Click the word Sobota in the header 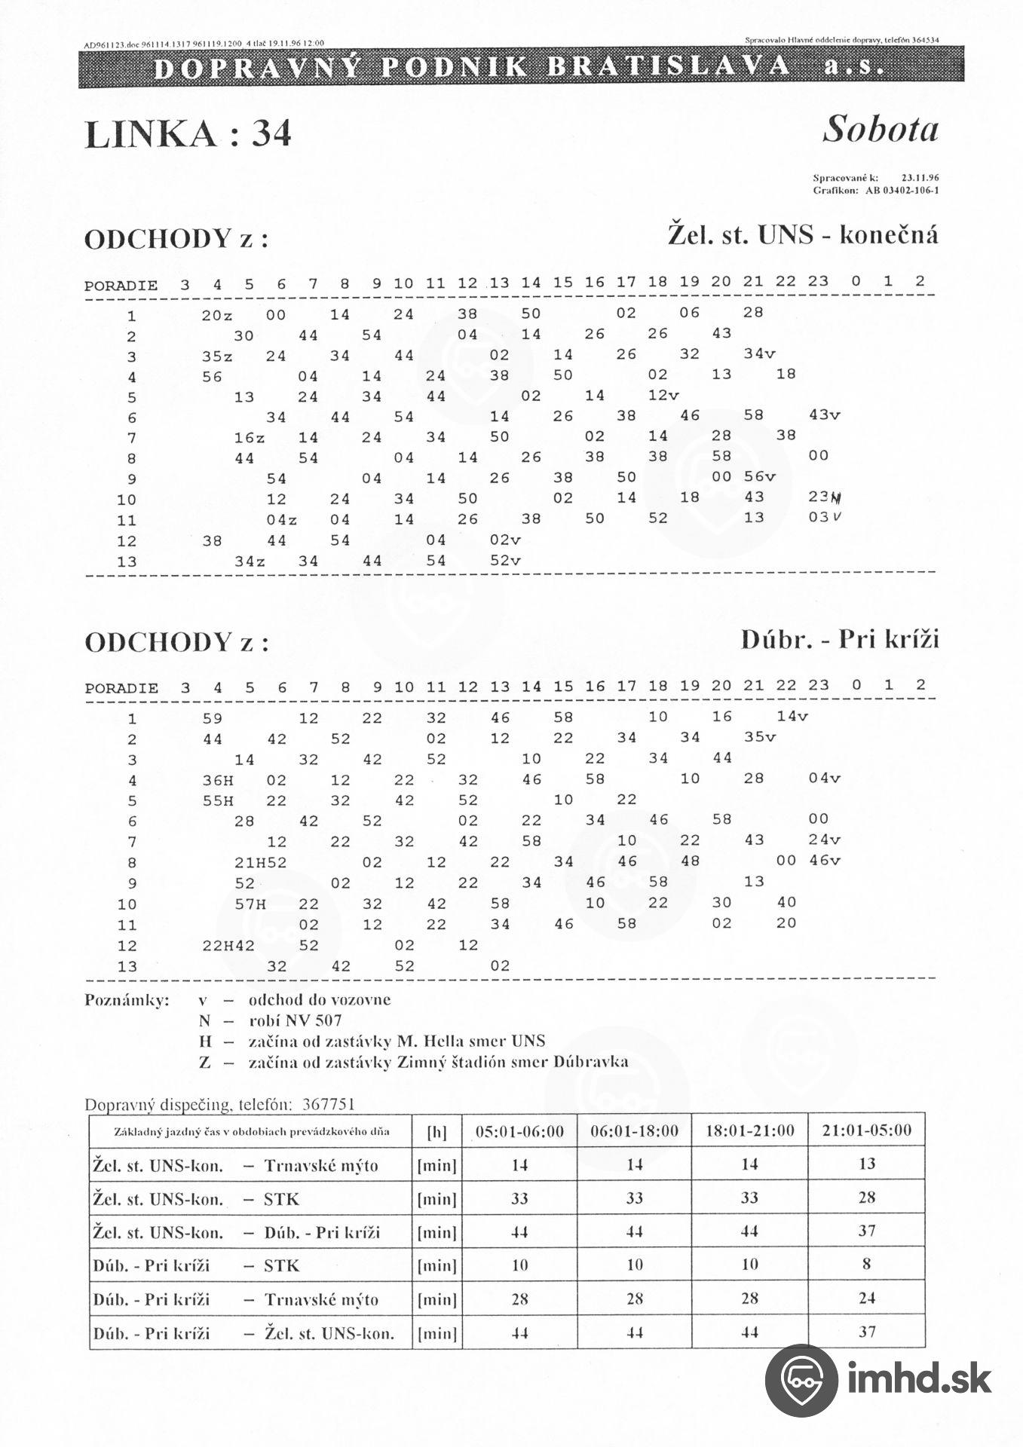pyautogui.click(x=880, y=129)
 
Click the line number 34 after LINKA pyautogui.click(x=271, y=134)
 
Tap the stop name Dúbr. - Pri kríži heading pyautogui.click(x=840, y=640)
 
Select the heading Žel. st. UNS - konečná pyautogui.click(x=803, y=235)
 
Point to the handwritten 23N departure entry pyautogui.click(x=825, y=497)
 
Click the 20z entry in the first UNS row pyautogui.click(x=216, y=315)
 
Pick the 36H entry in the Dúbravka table pyautogui.click(x=218, y=780)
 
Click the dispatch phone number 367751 pyautogui.click(x=328, y=1105)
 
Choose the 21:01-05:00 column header pyautogui.click(x=866, y=1130)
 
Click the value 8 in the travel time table pyautogui.click(x=866, y=1264)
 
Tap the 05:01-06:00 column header pyautogui.click(x=519, y=1131)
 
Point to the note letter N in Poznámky pyautogui.click(x=204, y=1020)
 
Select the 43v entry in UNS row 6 pyautogui.click(x=824, y=415)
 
